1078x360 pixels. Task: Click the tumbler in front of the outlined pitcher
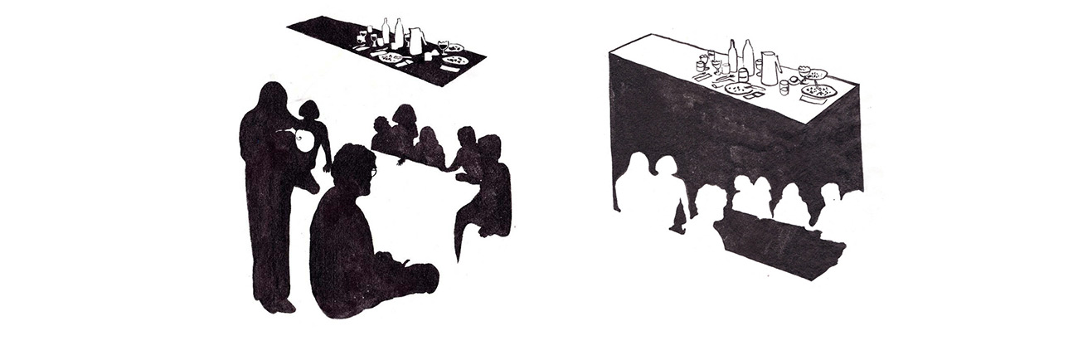743,76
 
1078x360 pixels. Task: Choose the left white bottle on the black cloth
386,32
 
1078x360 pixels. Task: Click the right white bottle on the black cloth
400,34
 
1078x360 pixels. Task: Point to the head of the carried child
309,111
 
